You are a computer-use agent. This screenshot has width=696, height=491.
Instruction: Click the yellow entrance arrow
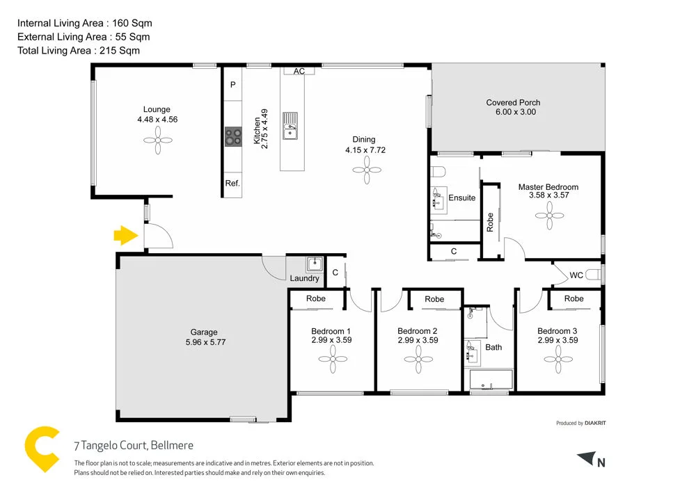[x=125, y=236]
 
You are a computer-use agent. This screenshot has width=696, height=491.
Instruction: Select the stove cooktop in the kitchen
[x=233, y=137]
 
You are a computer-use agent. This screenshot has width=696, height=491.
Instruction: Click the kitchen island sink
[x=290, y=126]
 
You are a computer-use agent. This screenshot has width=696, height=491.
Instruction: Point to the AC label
[x=299, y=72]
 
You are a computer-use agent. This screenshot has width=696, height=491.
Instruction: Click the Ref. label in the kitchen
[x=232, y=184]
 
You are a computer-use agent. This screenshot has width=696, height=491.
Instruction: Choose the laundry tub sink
[x=315, y=264]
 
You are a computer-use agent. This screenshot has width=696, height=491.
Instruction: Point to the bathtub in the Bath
[x=491, y=380]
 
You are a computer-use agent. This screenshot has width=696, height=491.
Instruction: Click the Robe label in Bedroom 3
[x=574, y=299]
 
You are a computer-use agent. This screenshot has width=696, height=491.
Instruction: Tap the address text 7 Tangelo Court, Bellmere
[x=134, y=446]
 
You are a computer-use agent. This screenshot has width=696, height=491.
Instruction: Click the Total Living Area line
[x=79, y=50]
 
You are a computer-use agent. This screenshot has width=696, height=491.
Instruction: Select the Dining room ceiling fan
[x=365, y=170]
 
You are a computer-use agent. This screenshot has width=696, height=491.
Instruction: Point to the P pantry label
[x=232, y=85]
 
